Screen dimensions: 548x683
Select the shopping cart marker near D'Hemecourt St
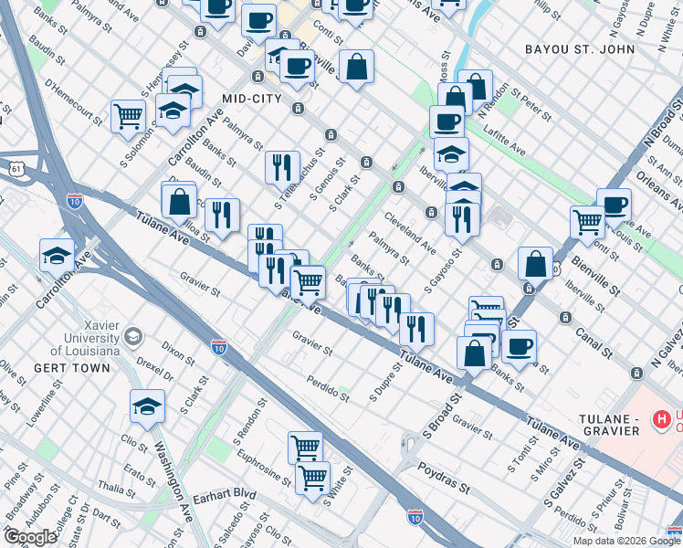point(128,115)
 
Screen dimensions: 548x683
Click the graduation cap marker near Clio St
point(146,406)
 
